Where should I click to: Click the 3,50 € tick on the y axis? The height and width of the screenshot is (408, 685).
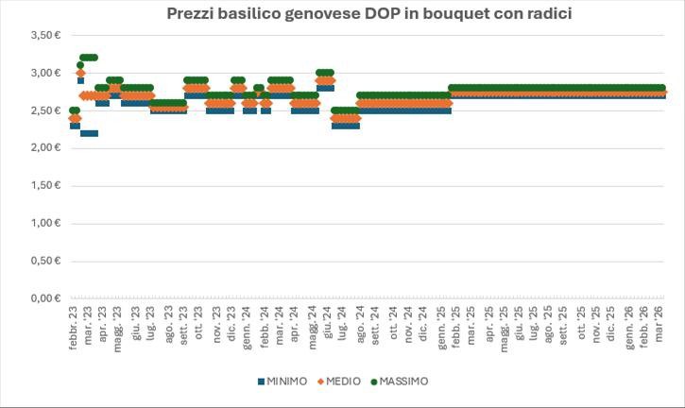(x=45, y=35)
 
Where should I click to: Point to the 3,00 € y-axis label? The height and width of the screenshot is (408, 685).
(x=45, y=73)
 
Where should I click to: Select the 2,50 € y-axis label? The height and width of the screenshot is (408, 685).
(x=45, y=110)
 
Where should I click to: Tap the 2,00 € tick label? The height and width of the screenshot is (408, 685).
(x=45, y=148)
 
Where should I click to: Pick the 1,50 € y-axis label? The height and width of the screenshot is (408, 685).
(x=45, y=186)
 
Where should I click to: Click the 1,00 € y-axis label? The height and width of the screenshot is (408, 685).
(x=45, y=224)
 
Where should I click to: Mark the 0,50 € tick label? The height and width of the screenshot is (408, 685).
(x=45, y=262)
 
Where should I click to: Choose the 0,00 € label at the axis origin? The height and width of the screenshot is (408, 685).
(x=45, y=298)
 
